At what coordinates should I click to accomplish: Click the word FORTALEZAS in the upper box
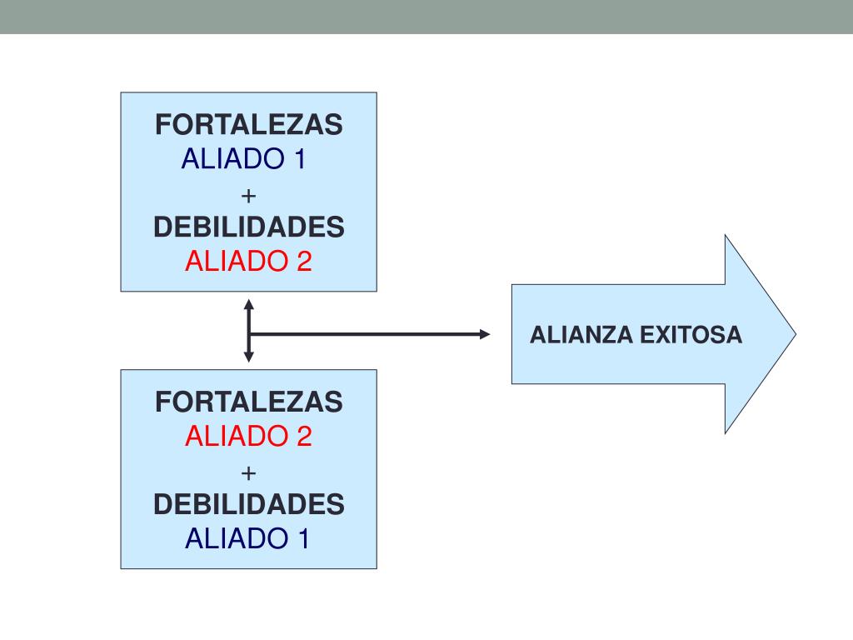[x=248, y=125]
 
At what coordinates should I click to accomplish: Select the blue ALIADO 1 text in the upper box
[x=244, y=158]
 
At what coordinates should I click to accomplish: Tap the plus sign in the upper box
[x=248, y=195]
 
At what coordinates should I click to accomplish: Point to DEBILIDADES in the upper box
[x=248, y=227]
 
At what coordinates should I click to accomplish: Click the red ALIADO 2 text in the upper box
[x=248, y=261]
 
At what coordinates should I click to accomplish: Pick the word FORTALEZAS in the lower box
[x=248, y=402]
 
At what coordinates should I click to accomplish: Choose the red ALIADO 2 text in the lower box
[x=248, y=436]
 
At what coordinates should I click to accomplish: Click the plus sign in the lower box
[x=248, y=472]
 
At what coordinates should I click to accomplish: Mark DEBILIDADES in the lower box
[x=248, y=504]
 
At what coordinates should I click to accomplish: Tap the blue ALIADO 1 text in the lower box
[x=247, y=538]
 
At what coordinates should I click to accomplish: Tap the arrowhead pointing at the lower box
[x=248, y=357]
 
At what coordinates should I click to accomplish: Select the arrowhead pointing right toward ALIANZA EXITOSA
[x=486, y=334]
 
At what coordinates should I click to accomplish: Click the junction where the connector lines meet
[x=248, y=334]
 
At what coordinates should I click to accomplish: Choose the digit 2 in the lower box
[x=303, y=436]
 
